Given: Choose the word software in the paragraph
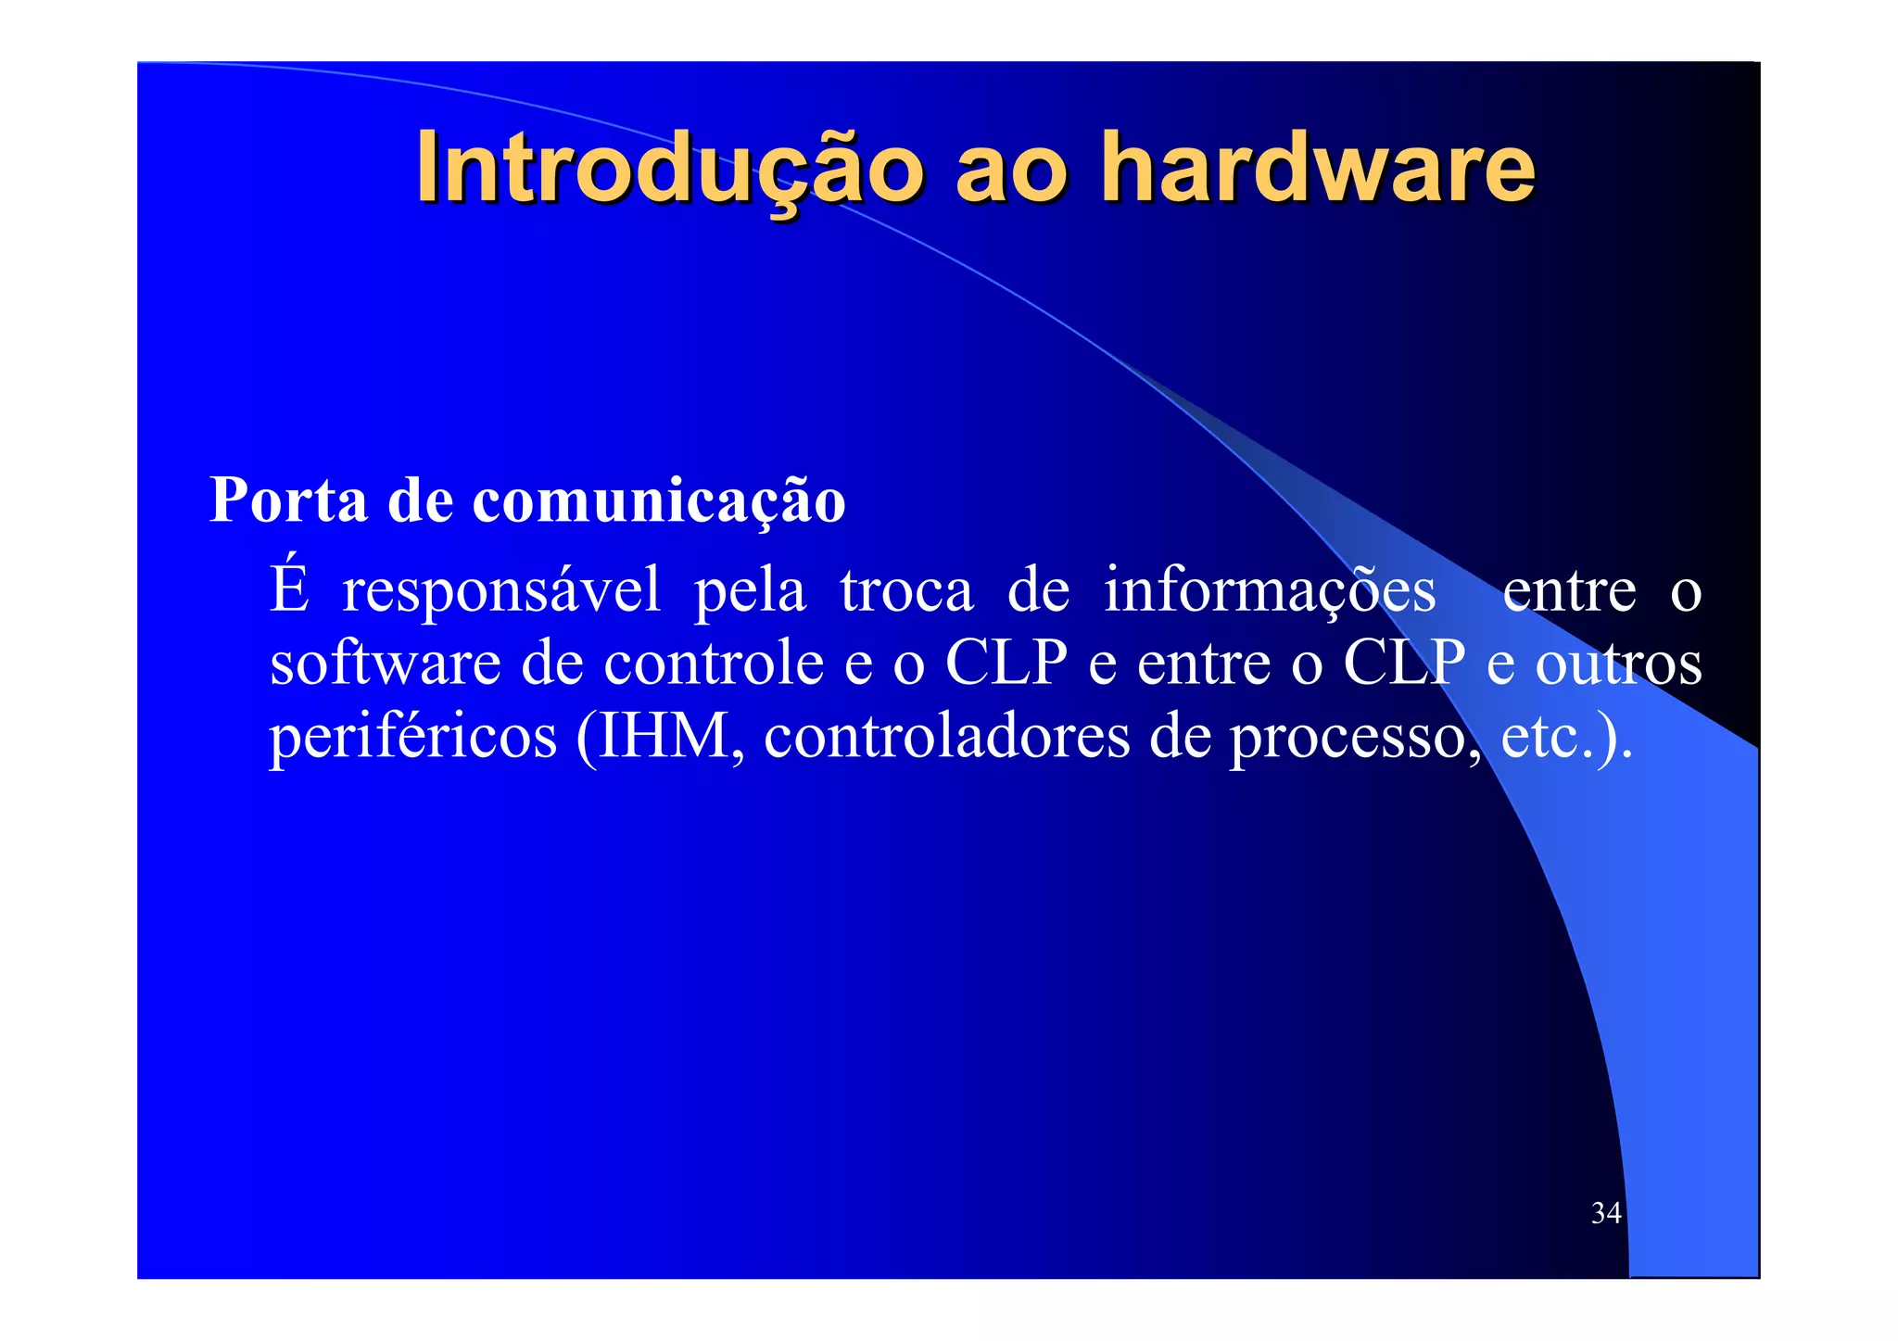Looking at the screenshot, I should click(x=385, y=664).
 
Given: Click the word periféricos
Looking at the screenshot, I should click(x=413, y=738).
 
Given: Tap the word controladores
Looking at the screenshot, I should click(x=947, y=738).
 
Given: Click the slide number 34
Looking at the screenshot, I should click(x=1605, y=1213).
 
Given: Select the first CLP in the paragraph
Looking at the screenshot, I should click(x=1006, y=664).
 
